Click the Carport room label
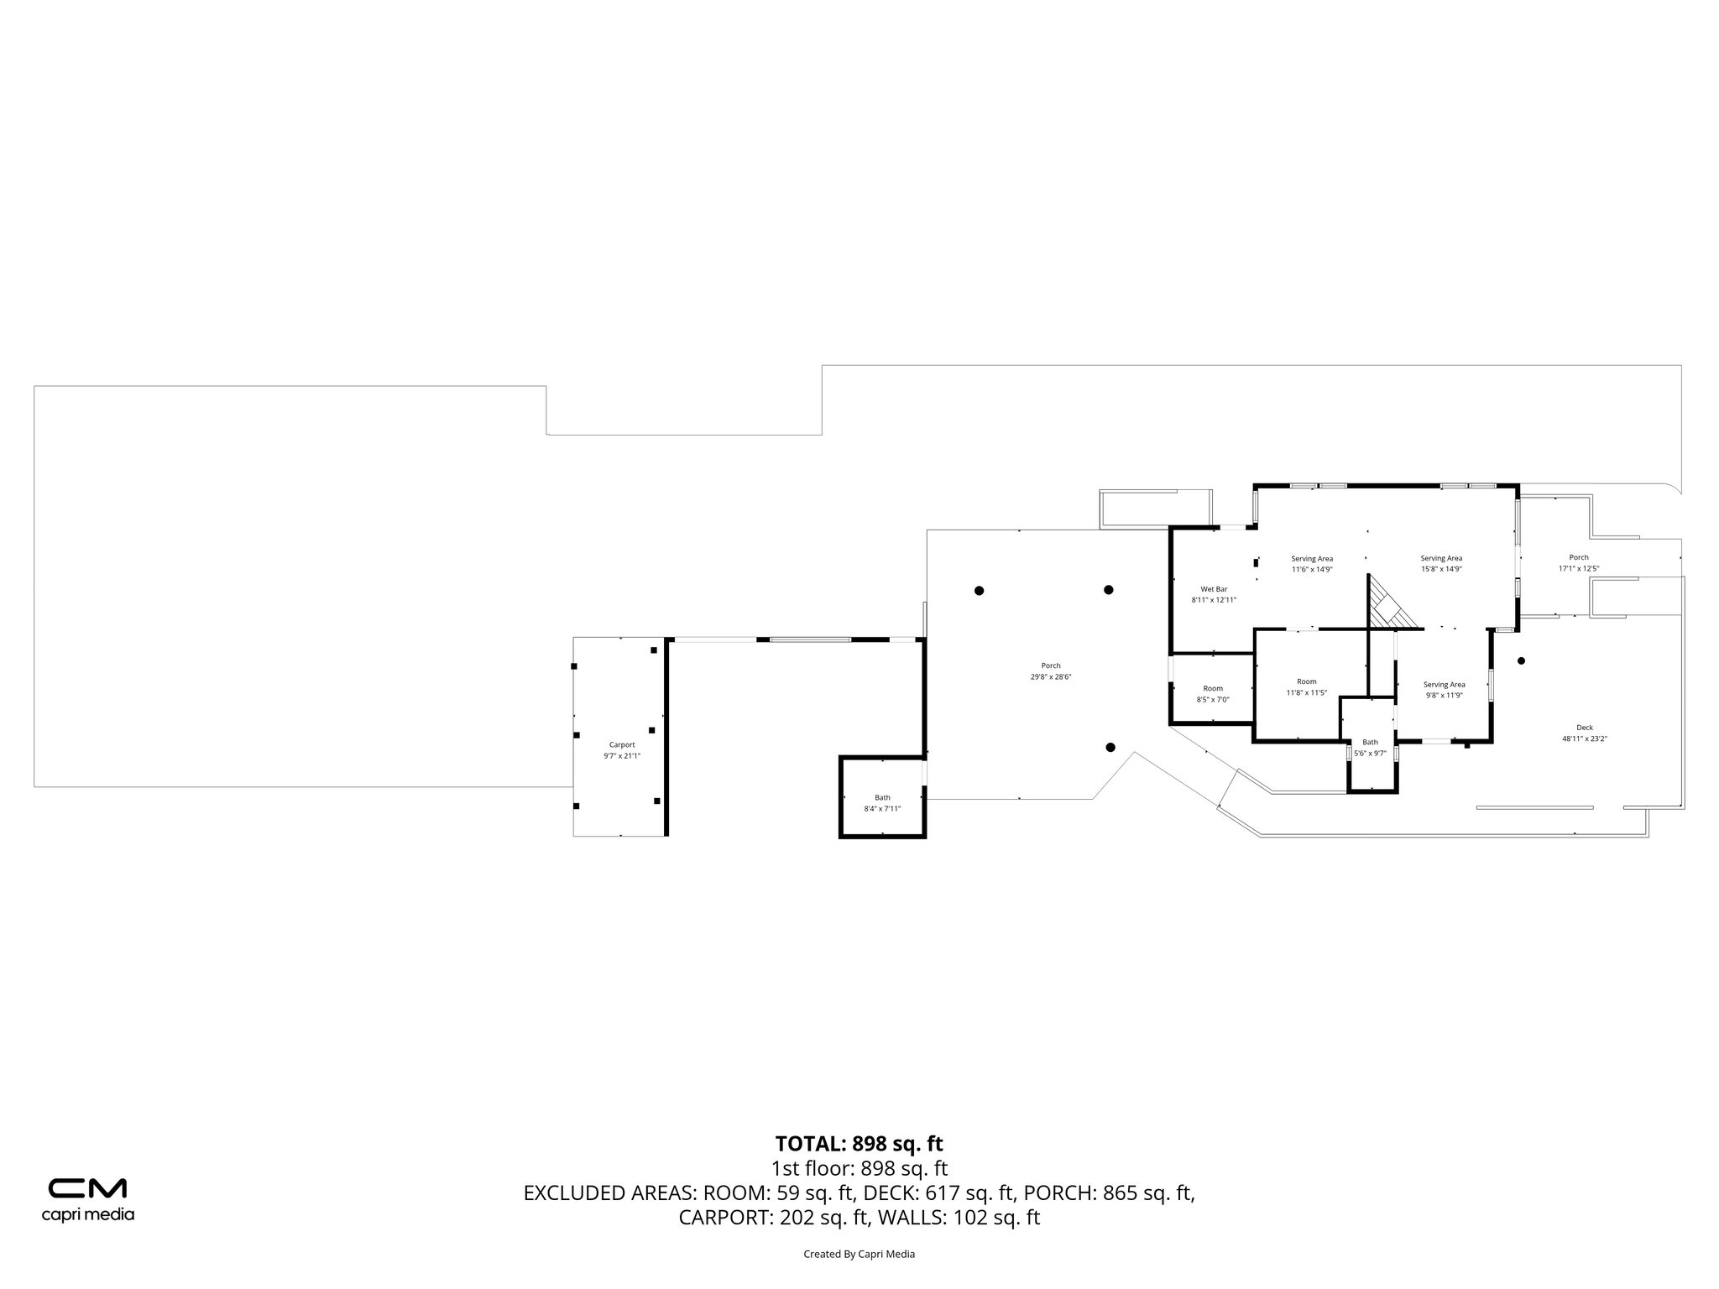[621, 744]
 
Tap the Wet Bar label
[1214, 588]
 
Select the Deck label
[1584, 728]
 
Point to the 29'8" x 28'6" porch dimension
[1051, 677]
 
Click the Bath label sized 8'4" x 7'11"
[882, 797]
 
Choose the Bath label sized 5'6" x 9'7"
[1370, 742]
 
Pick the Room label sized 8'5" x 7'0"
[1212, 688]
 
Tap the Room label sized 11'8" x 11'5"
[1306, 681]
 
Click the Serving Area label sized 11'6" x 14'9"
[1311, 558]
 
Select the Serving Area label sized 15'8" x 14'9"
[1441, 558]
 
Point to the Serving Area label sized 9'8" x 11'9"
[1444, 684]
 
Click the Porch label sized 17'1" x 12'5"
[1578, 557]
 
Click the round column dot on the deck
[1521, 660]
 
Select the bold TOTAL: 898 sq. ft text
[859, 1143]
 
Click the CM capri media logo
[87, 1198]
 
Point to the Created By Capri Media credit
[859, 1254]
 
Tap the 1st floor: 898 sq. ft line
[859, 1168]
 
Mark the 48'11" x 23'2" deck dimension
[1584, 739]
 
